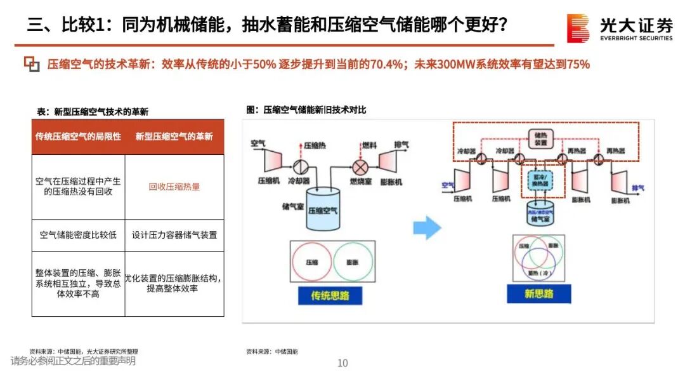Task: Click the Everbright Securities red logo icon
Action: click(x=578, y=28)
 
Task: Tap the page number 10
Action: click(x=342, y=363)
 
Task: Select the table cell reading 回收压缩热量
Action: click(x=174, y=187)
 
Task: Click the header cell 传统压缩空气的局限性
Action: click(x=78, y=136)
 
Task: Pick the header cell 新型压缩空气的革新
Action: click(x=174, y=136)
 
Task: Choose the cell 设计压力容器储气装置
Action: click(x=174, y=235)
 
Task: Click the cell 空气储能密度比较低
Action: click(x=78, y=235)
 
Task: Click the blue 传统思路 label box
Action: click(x=330, y=295)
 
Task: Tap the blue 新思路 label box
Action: click(x=538, y=293)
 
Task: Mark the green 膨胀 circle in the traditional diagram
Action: click(x=353, y=262)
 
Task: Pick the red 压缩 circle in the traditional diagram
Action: click(x=312, y=262)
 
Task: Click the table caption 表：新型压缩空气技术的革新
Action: click(x=93, y=111)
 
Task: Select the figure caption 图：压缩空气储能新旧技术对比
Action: click(x=306, y=110)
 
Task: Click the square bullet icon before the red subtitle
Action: click(x=32, y=63)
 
